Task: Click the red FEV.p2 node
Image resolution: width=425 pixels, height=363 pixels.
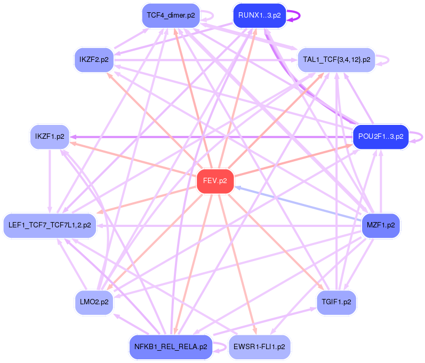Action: [x=215, y=181]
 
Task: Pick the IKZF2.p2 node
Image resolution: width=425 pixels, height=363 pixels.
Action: [x=94, y=59]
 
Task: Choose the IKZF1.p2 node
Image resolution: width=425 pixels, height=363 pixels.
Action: [x=50, y=137]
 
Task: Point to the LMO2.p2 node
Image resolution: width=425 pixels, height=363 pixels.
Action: [x=94, y=302]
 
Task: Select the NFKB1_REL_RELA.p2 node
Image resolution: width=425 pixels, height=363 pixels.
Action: [x=171, y=347]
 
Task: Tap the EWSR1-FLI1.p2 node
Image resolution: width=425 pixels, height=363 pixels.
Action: [x=259, y=347]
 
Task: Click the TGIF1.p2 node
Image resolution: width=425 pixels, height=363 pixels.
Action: [x=336, y=302]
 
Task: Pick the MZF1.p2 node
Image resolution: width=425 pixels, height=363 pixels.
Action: [x=381, y=225]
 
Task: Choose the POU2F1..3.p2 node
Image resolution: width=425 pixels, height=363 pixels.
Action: [x=381, y=137]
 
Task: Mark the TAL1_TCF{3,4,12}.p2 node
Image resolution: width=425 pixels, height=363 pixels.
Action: [x=336, y=59]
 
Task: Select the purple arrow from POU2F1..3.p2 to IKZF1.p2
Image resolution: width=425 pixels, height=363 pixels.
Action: [x=213, y=137]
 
